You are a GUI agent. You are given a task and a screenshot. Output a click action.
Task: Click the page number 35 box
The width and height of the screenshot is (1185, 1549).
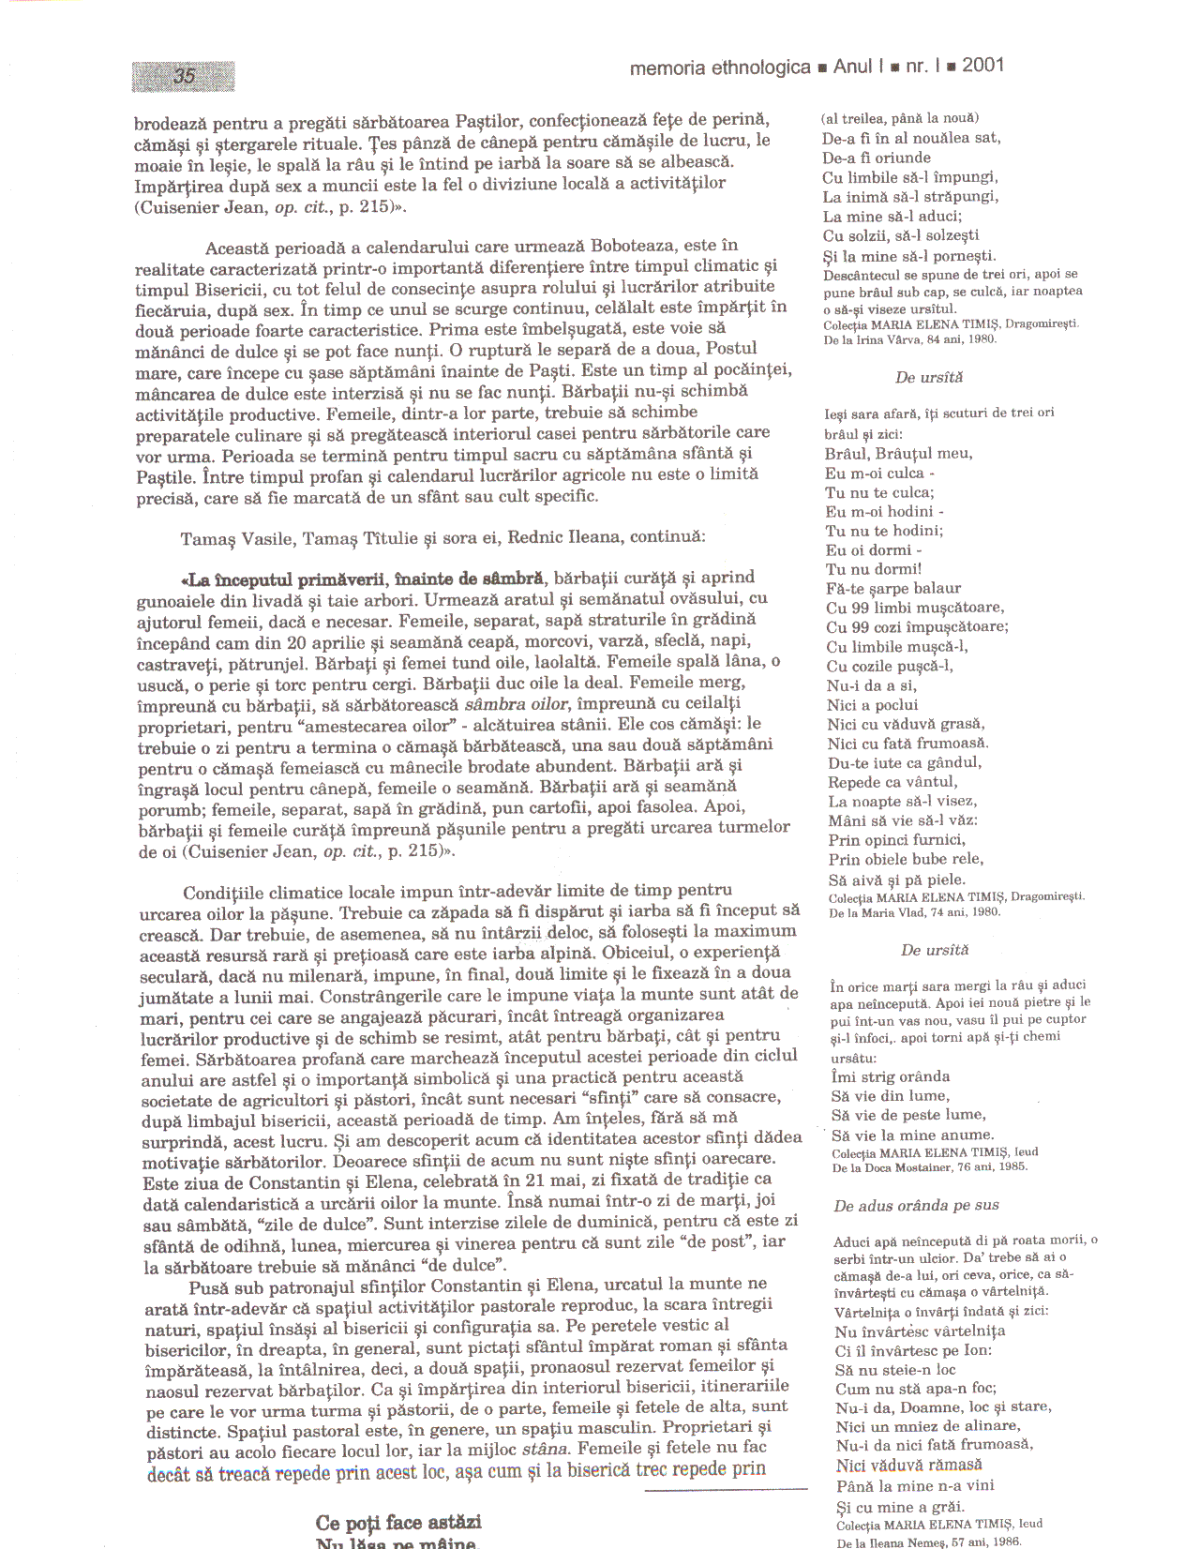click(183, 76)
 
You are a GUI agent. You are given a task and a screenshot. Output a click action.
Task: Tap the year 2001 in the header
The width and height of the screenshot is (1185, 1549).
click(982, 65)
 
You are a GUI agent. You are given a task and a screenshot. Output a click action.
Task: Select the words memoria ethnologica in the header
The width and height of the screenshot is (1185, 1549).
click(720, 67)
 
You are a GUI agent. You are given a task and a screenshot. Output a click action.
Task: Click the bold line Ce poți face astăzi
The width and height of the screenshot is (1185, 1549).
click(398, 1521)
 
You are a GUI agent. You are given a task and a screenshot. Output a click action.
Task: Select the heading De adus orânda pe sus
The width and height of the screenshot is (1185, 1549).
click(916, 1205)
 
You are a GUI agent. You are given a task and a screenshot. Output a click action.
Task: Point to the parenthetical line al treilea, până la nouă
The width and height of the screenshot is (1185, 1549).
click(900, 118)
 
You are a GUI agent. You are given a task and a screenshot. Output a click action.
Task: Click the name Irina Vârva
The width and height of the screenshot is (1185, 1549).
click(896, 339)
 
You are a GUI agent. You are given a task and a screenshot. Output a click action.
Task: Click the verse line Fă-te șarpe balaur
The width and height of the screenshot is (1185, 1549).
click(893, 588)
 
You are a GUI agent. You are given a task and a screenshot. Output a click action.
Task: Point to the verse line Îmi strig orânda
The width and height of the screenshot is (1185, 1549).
click(891, 1076)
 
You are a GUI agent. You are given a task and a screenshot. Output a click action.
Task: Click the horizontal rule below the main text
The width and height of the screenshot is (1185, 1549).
click(726, 1489)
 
